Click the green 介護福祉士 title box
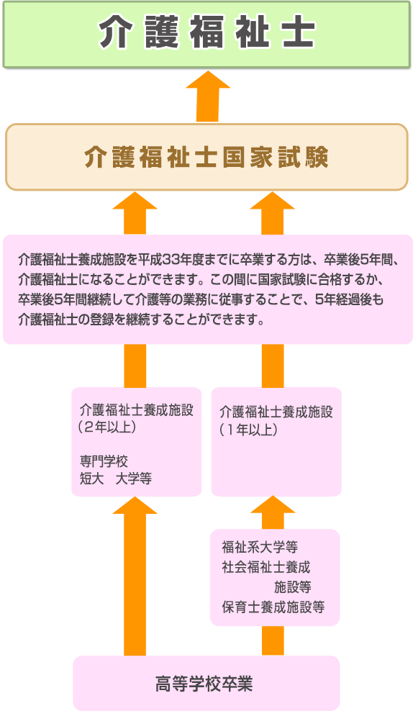[x=206, y=35]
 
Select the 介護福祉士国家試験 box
[x=206, y=157]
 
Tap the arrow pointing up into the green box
[x=208, y=96]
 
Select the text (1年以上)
[x=248, y=430]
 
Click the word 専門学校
[x=104, y=461]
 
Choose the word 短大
[x=91, y=479]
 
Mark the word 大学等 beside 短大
[x=134, y=479]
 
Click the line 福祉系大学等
[x=260, y=548]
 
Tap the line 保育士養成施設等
[x=273, y=607]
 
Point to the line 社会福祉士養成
[x=266, y=567]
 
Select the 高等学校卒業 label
[x=204, y=684]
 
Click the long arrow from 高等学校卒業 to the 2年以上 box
[x=135, y=576]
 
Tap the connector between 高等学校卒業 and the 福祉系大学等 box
[x=273, y=640]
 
